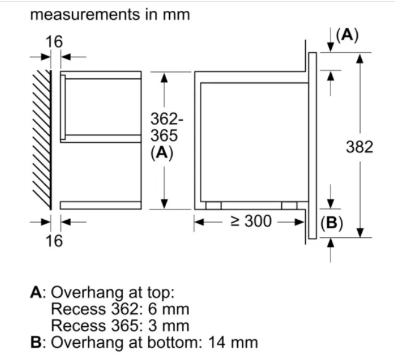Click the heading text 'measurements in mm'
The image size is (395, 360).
pos(110,14)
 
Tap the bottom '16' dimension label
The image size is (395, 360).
pos(54,241)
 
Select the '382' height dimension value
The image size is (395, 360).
pos(360,146)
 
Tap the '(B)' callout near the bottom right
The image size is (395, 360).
pos(331,223)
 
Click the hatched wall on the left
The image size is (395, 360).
pos(40,138)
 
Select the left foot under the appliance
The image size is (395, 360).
pos(213,205)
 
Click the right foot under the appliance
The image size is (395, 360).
pos(289,205)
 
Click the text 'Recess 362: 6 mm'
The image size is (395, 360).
pos(120,310)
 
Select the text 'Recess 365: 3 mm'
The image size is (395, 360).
pos(120,326)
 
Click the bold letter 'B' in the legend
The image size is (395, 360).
pos(36,343)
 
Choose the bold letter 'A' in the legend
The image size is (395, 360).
pos(36,293)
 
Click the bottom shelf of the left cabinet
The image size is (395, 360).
pos(101,205)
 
